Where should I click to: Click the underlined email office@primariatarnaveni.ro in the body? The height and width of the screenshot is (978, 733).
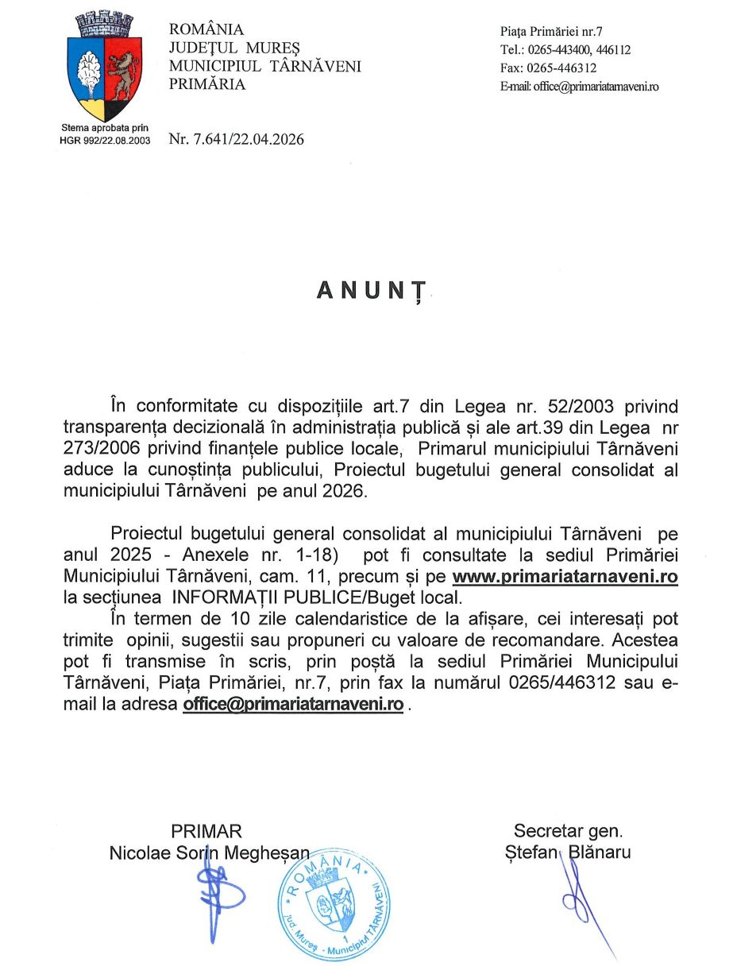pyautogui.click(x=293, y=704)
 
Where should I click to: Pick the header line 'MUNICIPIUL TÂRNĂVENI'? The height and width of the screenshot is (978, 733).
pyautogui.click(x=265, y=66)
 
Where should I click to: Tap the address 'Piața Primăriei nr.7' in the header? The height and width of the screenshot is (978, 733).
pyautogui.click(x=552, y=32)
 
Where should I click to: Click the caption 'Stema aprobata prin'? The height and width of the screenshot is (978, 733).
pyautogui.click(x=105, y=128)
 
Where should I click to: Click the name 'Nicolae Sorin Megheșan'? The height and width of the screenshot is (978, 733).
pyautogui.click(x=210, y=852)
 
